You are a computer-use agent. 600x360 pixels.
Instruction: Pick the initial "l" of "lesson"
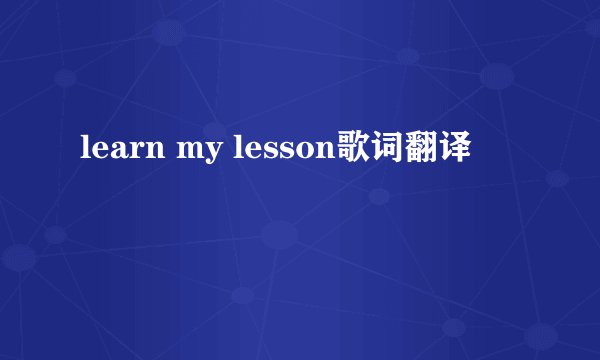click(239, 149)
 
